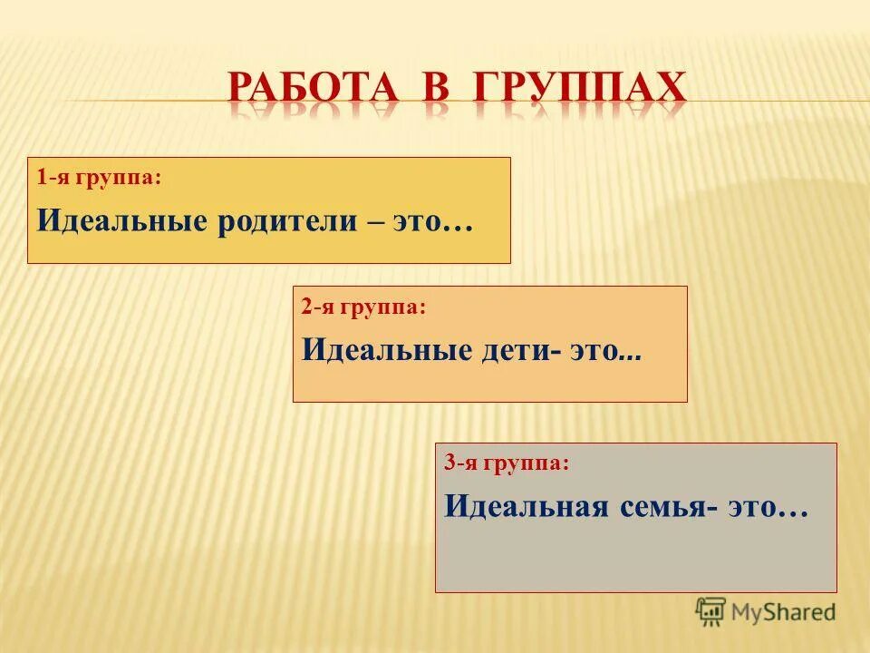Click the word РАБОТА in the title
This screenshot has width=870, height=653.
click(x=313, y=88)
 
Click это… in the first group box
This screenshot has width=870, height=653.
click(x=433, y=223)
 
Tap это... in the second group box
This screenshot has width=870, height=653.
click(x=605, y=351)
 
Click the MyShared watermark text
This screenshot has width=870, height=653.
click(x=783, y=612)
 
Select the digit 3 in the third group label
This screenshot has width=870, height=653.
click(x=449, y=463)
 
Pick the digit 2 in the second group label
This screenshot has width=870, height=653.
click(x=307, y=307)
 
